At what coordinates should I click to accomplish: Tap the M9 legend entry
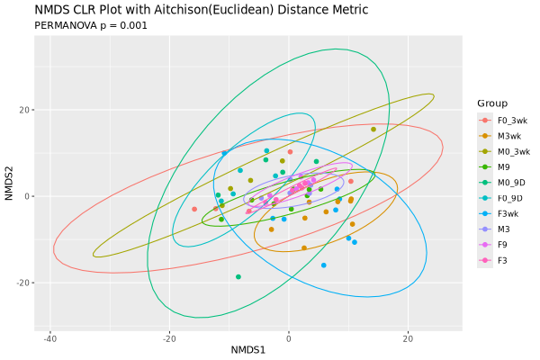[504, 166]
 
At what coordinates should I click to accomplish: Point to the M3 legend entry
[504, 229]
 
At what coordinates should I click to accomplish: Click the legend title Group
[492, 103]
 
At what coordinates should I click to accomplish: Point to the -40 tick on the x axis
[49, 337]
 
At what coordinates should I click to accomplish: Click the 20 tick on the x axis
[408, 337]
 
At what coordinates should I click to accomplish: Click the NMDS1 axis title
[248, 349]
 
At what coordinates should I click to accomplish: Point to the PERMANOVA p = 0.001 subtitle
[90, 25]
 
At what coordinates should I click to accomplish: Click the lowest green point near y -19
[238, 277]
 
